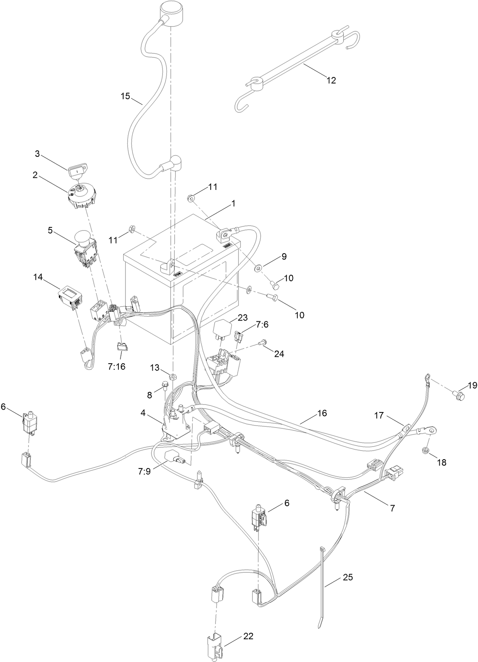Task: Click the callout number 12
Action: point(331,80)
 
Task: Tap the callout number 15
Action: point(125,96)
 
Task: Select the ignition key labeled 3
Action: point(75,171)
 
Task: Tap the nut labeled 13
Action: point(173,377)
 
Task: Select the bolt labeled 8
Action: point(166,386)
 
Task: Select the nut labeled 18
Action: point(425,450)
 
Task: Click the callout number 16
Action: point(322,413)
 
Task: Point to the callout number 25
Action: point(347,577)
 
